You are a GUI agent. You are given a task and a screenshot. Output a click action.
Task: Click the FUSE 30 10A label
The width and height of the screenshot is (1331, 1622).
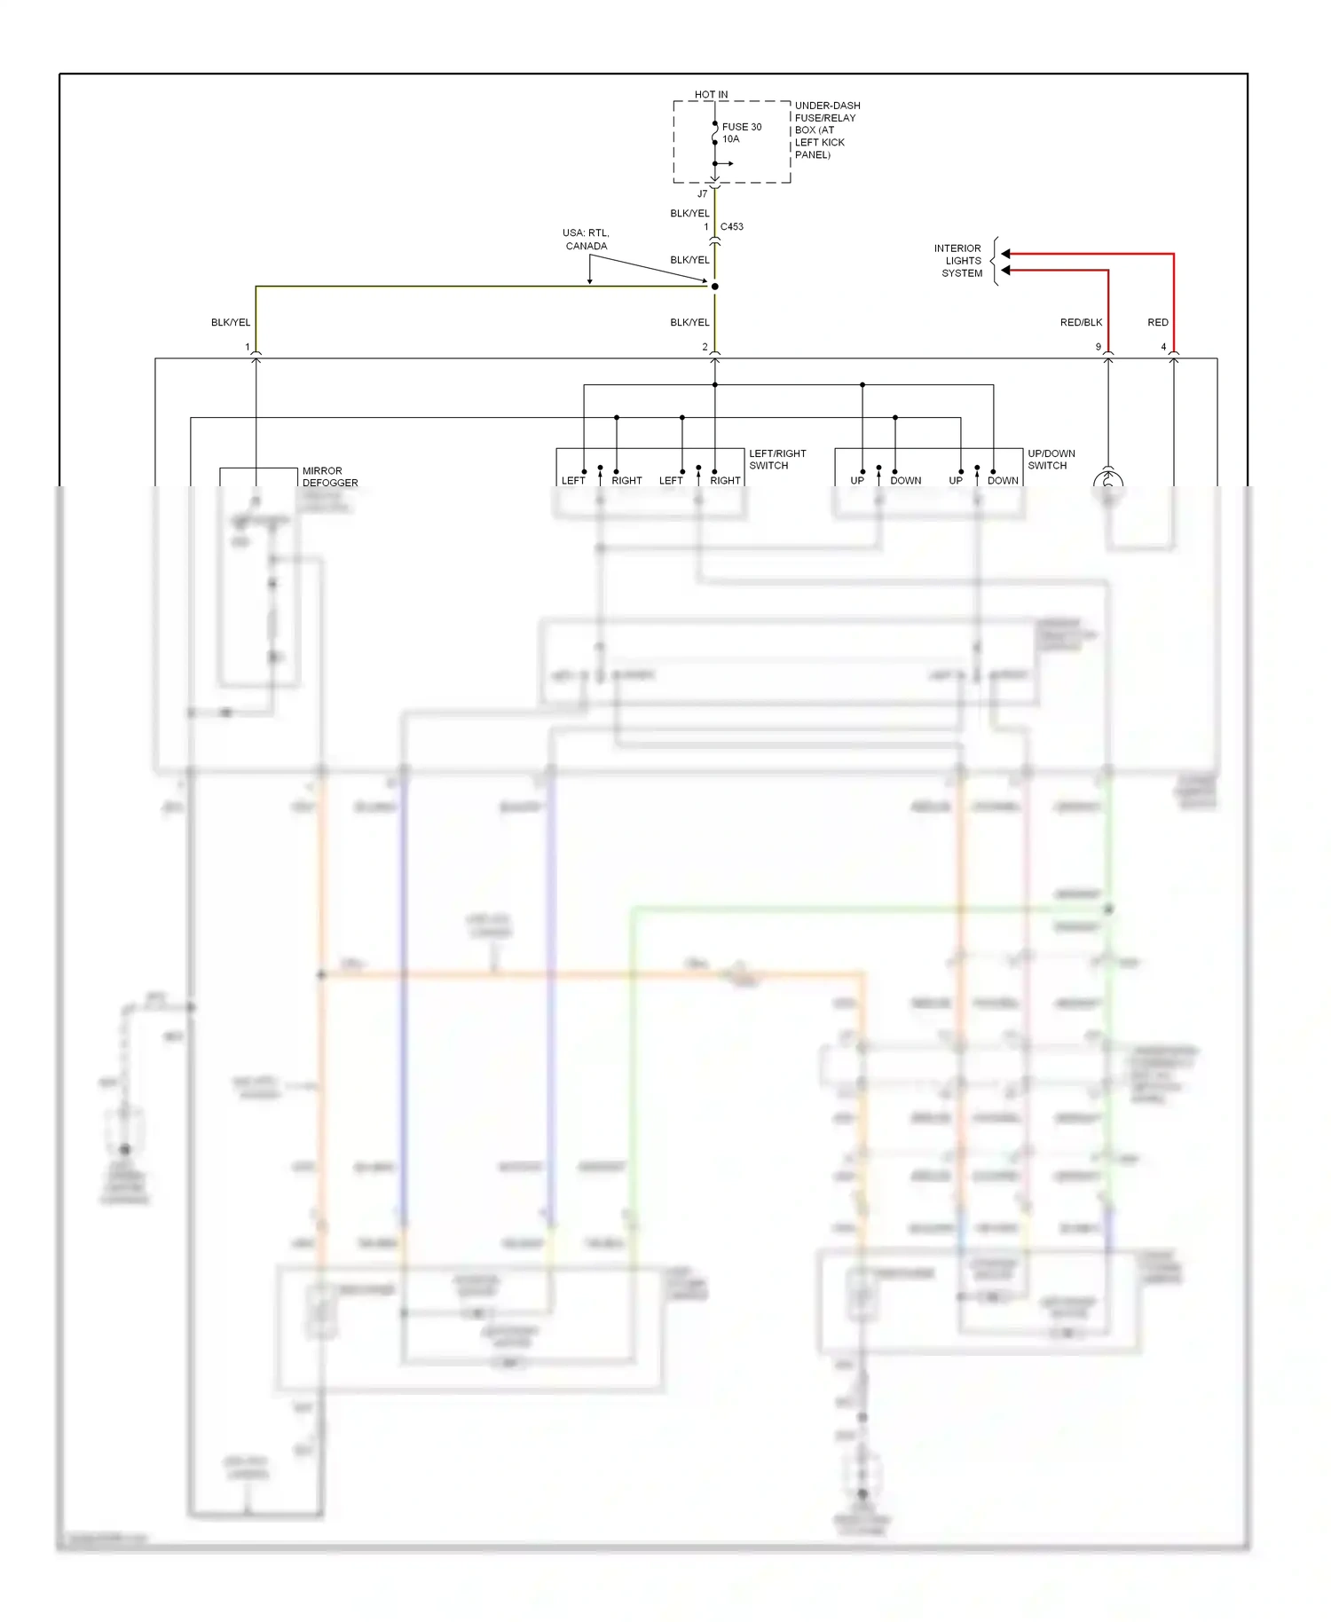point(741,132)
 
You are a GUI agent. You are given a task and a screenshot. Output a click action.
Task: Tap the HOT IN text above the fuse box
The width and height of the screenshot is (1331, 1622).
point(711,94)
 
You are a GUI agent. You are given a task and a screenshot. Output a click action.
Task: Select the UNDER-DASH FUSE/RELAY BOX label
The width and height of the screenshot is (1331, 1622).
point(826,130)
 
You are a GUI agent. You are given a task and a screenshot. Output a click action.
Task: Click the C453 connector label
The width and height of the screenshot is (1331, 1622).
point(732,226)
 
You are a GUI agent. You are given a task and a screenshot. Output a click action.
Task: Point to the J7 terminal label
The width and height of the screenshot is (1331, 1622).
point(702,193)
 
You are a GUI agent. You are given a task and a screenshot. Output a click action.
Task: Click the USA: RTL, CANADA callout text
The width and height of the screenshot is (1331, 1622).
point(586,240)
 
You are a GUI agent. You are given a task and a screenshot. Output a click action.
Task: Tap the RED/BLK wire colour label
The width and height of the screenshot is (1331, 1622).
point(1081,322)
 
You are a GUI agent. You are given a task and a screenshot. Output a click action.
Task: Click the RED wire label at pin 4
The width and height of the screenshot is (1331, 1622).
point(1157,322)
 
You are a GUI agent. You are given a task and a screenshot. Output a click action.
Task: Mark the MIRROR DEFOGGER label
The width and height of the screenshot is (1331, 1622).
point(329,476)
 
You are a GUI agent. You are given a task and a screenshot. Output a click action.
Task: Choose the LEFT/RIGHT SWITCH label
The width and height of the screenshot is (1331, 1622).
point(776,459)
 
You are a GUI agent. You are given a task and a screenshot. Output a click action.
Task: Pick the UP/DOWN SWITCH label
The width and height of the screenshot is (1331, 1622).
point(1051,459)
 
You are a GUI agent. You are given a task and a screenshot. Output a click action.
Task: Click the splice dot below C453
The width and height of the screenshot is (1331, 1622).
point(714,286)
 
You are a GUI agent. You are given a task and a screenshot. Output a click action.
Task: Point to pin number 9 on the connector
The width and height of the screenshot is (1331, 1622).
point(1098,347)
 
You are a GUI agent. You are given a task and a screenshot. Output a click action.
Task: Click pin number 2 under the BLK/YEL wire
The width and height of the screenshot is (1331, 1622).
point(705,347)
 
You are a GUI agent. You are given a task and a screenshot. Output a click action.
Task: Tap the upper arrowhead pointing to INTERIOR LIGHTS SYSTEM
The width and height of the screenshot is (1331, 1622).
point(1006,254)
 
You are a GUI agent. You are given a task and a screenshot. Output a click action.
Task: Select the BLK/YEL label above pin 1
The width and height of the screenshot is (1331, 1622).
point(231,322)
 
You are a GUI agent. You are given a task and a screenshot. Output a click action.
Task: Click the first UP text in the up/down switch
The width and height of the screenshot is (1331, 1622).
point(856,480)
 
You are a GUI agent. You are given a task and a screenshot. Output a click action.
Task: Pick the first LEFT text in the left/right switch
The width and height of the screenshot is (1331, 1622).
point(573,480)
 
